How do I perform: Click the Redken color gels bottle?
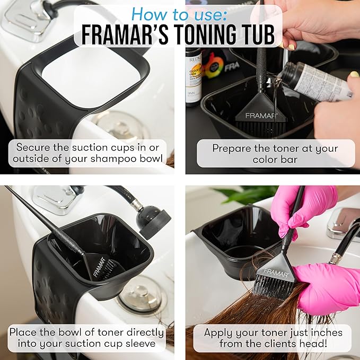[x=193, y=74]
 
